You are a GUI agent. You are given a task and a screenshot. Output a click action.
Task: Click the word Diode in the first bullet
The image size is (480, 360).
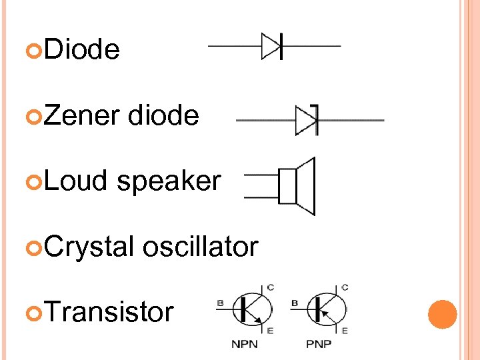[83, 49]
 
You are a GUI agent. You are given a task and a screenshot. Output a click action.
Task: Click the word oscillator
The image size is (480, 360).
[200, 247]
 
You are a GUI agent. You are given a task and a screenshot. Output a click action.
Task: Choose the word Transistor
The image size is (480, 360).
[107, 311]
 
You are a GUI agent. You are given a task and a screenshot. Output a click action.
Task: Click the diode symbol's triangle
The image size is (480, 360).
[271, 47]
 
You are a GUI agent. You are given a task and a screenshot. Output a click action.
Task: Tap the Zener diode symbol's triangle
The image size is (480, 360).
[305, 121]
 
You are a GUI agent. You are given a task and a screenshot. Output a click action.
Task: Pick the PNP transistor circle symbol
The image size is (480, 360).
[329, 309]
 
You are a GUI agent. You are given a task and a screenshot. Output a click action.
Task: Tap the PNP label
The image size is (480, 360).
[319, 345]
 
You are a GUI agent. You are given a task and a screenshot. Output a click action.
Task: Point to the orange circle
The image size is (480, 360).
[442, 314]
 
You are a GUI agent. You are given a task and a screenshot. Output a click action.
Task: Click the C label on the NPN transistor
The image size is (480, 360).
[270, 288]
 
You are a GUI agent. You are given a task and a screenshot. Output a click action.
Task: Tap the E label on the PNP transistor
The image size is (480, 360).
[345, 330]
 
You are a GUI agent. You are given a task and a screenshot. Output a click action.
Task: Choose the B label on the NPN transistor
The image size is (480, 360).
[220, 303]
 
